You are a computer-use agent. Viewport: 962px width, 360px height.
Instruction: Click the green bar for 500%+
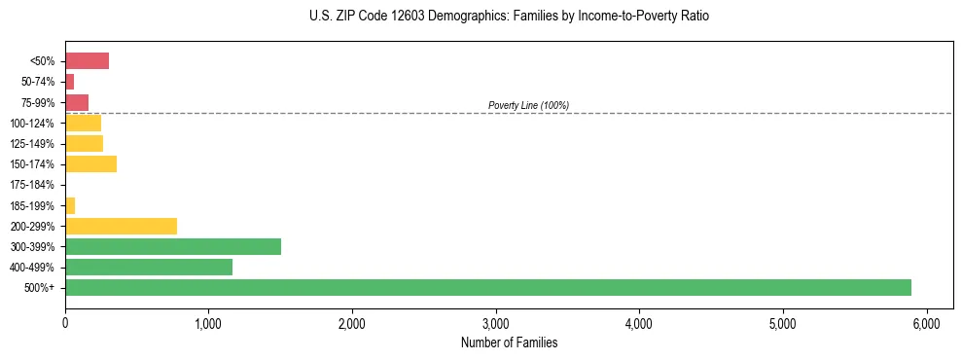pos(487,287)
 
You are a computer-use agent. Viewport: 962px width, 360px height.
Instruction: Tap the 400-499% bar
pos(148,267)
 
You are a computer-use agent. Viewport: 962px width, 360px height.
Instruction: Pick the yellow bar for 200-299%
pos(121,226)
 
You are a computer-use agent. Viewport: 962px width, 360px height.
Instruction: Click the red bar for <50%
pos(87,61)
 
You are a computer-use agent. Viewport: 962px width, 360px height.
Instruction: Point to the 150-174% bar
pos(90,164)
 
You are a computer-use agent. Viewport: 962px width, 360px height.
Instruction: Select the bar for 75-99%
pos(77,102)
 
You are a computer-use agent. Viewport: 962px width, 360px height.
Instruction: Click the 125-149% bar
pos(84,144)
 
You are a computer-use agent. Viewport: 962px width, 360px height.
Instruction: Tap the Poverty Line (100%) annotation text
pos(528,105)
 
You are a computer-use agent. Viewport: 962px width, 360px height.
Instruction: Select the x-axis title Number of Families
pos(510,342)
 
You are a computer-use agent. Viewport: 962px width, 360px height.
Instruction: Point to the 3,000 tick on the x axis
pos(496,322)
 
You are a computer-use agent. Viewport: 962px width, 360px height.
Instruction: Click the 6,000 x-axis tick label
pos(926,322)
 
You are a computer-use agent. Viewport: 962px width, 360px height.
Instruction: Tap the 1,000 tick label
pos(208,322)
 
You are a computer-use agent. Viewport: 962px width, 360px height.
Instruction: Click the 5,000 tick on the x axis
pos(783,322)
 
